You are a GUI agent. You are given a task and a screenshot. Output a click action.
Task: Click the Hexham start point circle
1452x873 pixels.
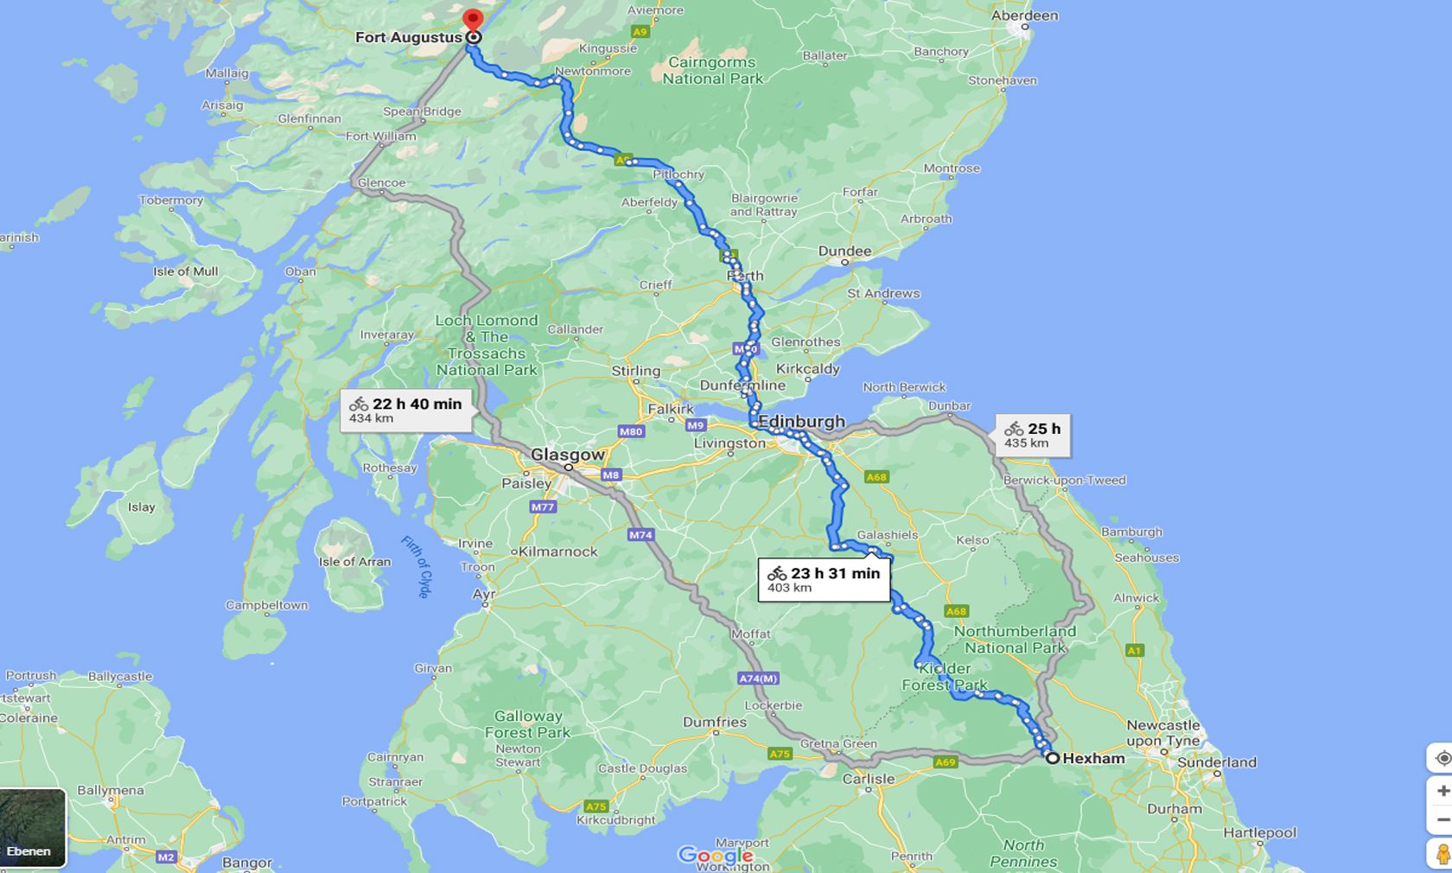1053,758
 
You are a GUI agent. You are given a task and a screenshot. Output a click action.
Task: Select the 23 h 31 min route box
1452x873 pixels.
824,580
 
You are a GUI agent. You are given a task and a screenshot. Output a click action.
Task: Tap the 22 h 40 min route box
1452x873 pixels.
406,410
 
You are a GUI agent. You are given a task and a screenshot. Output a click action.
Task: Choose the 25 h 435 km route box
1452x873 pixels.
1033,435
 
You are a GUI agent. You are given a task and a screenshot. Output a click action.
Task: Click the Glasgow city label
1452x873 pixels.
568,455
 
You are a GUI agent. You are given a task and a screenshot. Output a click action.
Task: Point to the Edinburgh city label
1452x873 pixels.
801,422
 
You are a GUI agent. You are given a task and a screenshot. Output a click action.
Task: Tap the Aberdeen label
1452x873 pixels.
1024,16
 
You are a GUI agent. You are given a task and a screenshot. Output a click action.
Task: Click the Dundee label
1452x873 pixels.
844,252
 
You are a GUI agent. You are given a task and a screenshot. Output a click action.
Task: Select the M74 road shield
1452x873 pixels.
640,535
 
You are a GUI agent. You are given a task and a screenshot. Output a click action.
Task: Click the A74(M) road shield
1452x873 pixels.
758,679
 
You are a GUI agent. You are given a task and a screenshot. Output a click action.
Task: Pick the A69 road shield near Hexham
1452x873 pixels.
945,761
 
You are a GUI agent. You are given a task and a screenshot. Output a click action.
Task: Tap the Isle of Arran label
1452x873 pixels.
354,562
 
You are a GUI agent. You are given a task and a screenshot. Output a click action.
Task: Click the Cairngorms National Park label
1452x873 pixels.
712,71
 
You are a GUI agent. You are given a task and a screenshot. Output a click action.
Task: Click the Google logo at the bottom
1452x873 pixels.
715,856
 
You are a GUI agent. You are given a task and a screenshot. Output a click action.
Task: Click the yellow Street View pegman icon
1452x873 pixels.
1441,855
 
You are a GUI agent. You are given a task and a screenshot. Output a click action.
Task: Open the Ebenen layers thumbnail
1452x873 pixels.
32,827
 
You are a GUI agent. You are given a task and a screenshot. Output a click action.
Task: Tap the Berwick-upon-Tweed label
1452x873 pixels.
1064,481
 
